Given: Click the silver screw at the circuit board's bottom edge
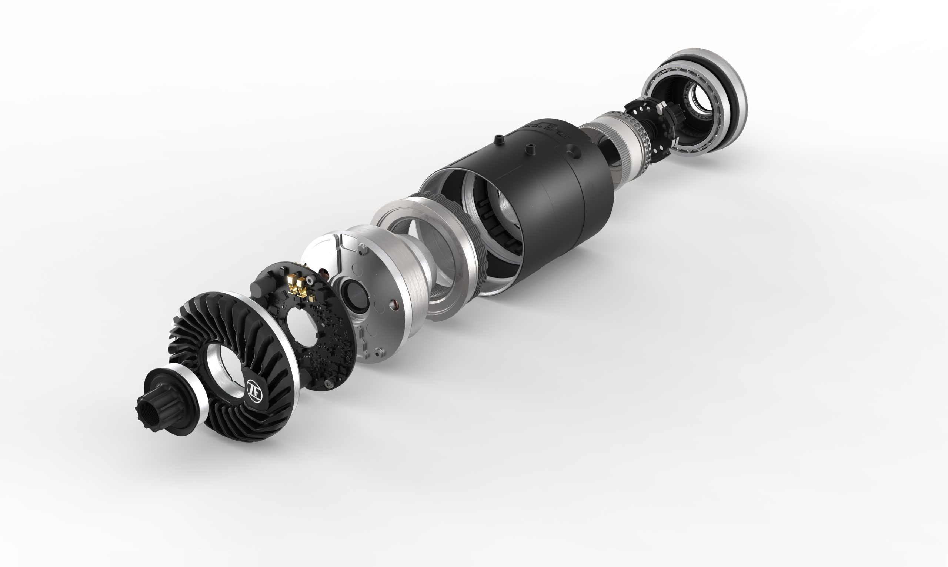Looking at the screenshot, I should click(x=327, y=383).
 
